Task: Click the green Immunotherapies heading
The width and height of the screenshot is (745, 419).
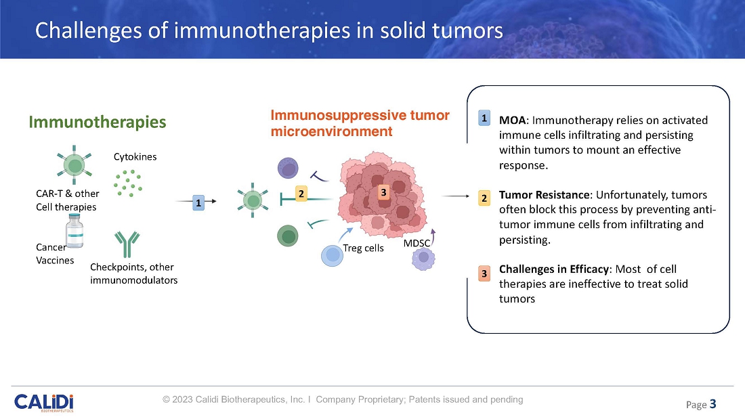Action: [x=97, y=122]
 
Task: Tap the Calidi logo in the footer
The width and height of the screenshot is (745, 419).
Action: [x=43, y=401]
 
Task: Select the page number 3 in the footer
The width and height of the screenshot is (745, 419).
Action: [x=712, y=405]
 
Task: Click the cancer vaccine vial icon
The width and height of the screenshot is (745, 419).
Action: [x=73, y=233]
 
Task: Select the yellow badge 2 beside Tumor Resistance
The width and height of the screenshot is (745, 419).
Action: [x=484, y=198]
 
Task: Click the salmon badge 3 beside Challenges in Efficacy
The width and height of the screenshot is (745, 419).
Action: [x=484, y=273]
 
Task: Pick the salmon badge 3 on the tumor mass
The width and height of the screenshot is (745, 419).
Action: [x=383, y=193]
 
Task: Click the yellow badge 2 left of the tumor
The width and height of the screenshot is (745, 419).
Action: [x=301, y=194]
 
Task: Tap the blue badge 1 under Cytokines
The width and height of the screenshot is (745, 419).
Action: [x=198, y=202]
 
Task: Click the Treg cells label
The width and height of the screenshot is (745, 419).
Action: [x=363, y=248]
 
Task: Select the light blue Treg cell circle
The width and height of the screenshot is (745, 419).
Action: [x=333, y=255]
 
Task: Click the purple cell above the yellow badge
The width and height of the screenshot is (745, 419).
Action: [x=289, y=169]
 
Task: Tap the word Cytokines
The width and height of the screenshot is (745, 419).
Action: [x=135, y=157]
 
